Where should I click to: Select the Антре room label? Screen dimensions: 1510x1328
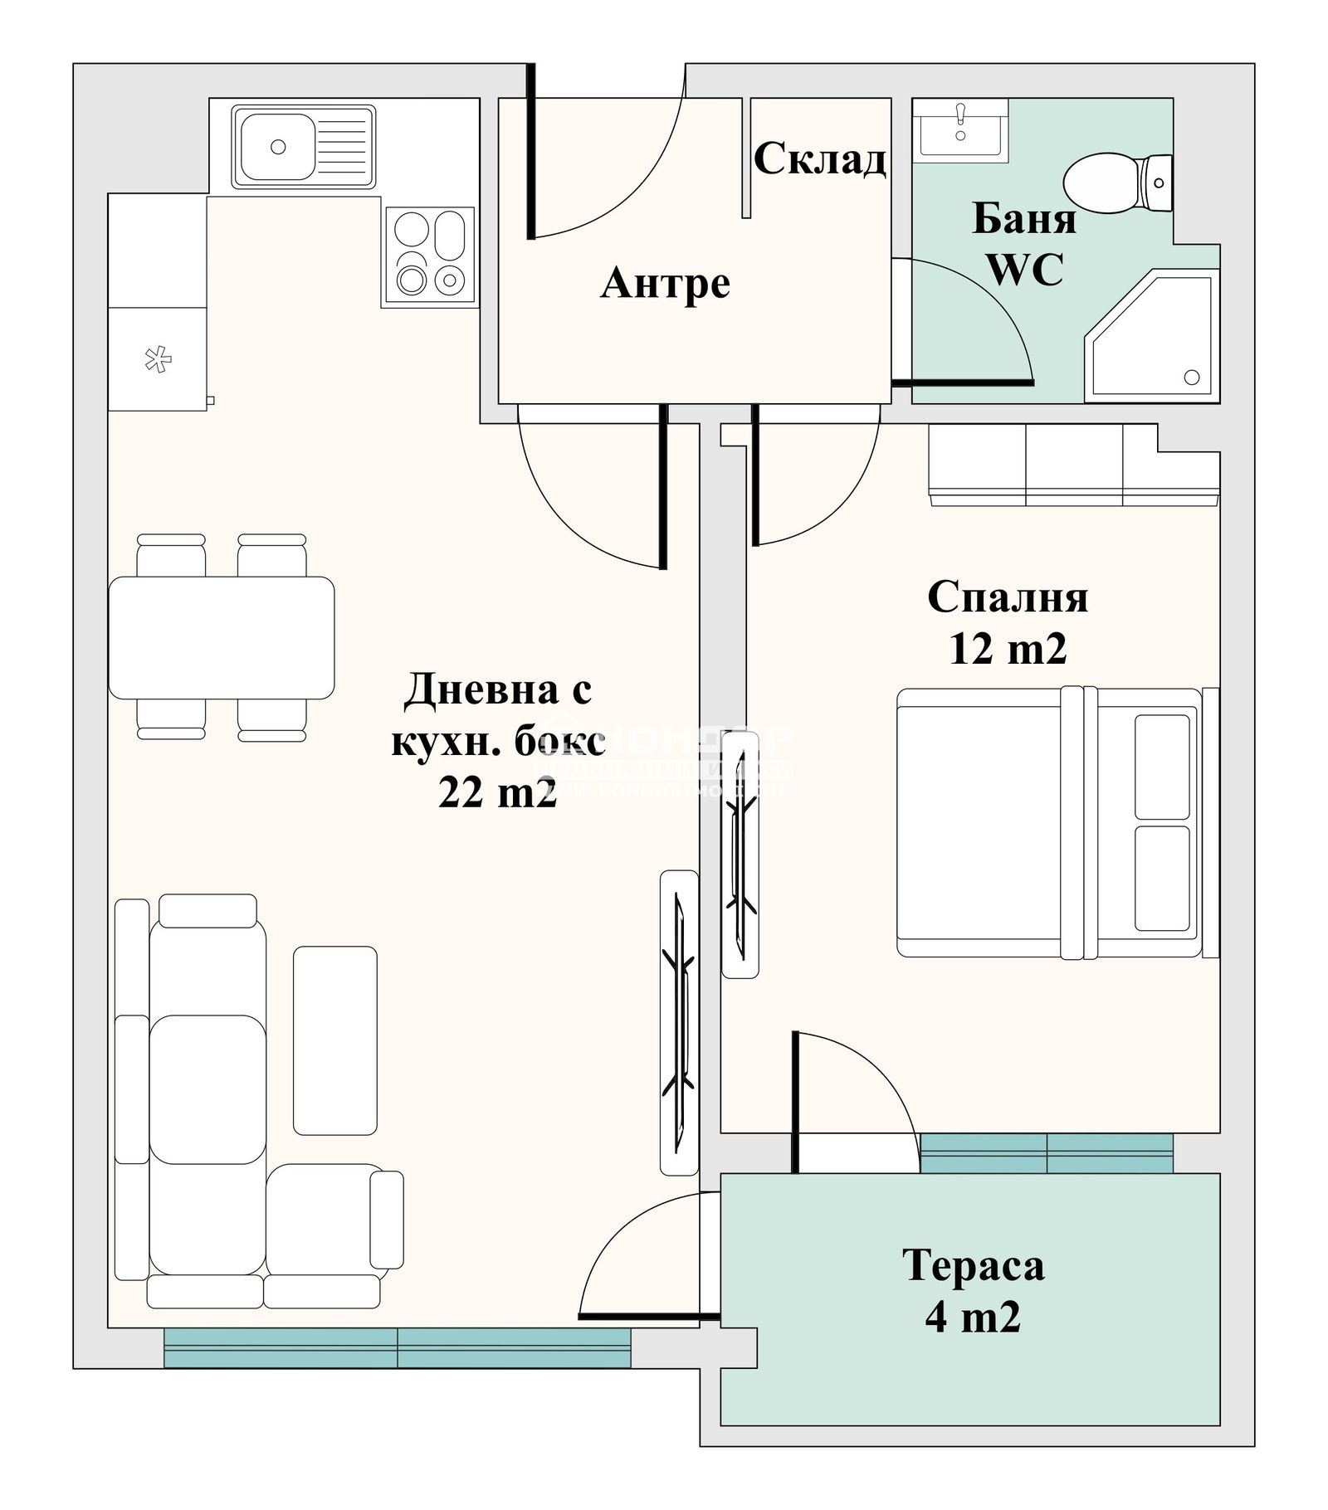[x=665, y=284]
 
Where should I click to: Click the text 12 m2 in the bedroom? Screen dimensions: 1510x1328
[x=1007, y=649]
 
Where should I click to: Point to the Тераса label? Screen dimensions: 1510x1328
[x=973, y=1266]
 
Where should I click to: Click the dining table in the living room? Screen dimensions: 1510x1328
[x=221, y=637]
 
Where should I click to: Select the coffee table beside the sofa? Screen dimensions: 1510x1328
[x=334, y=1040]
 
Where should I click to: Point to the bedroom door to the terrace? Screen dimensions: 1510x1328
[x=855, y=1095]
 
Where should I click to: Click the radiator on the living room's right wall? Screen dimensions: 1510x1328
[x=679, y=1022]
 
